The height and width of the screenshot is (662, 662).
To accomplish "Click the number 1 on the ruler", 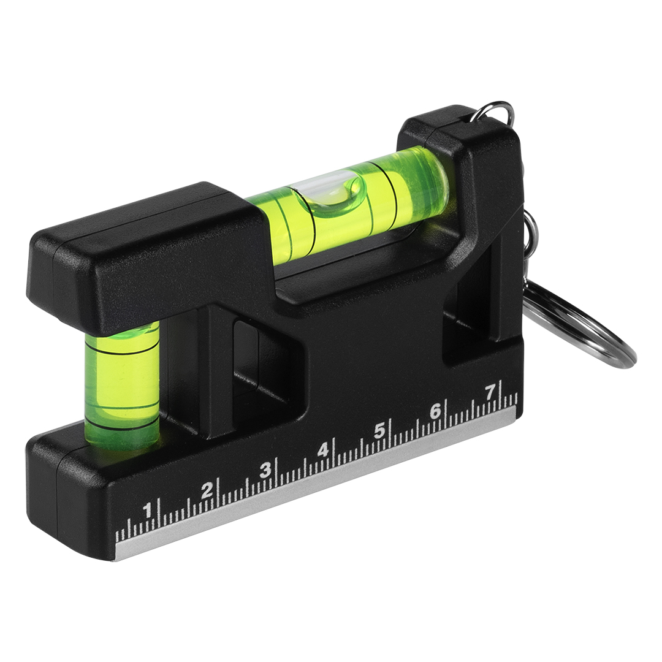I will click(147, 510).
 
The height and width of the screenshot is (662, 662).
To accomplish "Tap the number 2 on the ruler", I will click(207, 490).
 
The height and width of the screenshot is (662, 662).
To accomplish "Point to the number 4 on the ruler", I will click(323, 451).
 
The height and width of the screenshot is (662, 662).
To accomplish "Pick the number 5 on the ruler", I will click(379, 431).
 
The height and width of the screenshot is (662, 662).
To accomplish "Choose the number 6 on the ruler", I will click(435, 411).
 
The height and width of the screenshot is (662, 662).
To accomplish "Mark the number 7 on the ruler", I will click(490, 393).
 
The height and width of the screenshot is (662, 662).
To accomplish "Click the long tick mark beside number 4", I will click(334, 452).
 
